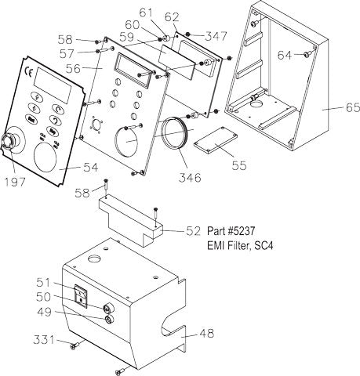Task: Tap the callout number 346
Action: pyautogui.click(x=190, y=178)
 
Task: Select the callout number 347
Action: pyautogui.click(x=216, y=36)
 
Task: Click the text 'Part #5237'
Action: pyautogui.click(x=232, y=232)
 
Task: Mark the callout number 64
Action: pyautogui.click(x=285, y=54)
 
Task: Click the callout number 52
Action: pyautogui.click(x=195, y=230)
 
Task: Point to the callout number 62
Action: pyautogui.click(x=172, y=16)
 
